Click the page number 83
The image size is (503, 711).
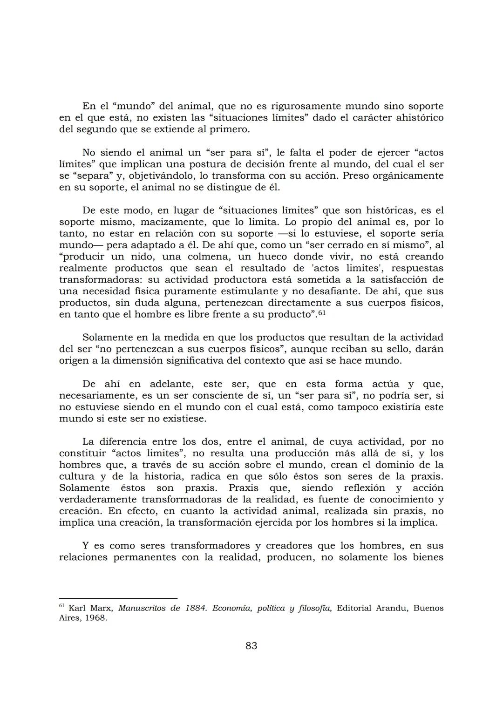pyautogui.click(x=251, y=646)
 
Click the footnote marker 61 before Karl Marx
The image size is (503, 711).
pyautogui.click(x=62, y=606)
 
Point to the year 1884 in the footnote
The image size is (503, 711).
pyautogui.click(x=194, y=609)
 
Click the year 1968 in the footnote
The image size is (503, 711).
pyautogui.click(x=95, y=619)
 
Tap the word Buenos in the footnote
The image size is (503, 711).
pyautogui.click(x=428, y=609)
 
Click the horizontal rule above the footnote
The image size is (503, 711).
pyautogui.click(x=118, y=598)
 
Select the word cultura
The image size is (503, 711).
pyautogui.click(x=75, y=476)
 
